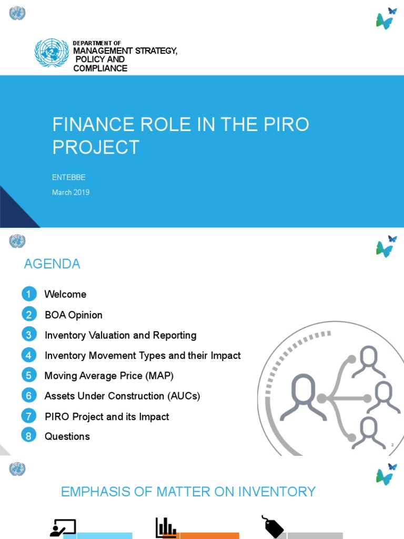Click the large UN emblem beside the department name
52,53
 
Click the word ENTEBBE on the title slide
68,177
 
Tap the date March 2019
70,193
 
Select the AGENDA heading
52,264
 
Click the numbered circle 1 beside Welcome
29,294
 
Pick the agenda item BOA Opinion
74,315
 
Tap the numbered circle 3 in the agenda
29,335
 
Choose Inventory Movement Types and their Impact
143,355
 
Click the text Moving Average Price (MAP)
109,376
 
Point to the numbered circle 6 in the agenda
29,396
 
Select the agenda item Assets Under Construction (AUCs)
123,396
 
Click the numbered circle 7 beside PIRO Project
29,416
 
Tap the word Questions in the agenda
67,436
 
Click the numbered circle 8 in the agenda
29,436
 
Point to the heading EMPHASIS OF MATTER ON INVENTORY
188,492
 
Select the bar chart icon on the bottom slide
165,527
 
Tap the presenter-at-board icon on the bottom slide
63,528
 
